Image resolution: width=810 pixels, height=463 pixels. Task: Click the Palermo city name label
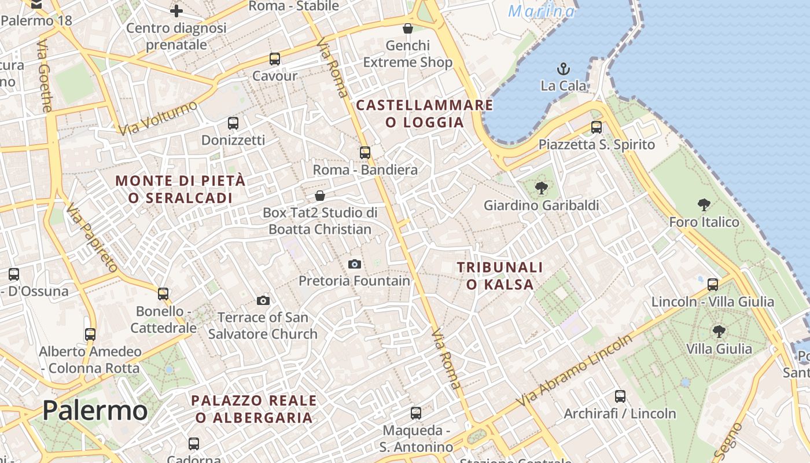(95, 410)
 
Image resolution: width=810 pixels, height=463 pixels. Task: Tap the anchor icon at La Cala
(564, 69)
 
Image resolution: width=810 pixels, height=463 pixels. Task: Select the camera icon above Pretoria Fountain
(355, 264)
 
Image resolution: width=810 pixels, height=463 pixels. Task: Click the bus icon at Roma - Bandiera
(365, 153)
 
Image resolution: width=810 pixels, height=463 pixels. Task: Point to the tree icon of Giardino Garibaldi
(542, 188)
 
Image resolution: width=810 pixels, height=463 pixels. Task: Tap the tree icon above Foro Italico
(704, 204)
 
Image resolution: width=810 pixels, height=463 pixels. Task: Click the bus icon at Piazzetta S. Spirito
(597, 127)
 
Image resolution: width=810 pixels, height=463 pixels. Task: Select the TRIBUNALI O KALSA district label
(500, 275)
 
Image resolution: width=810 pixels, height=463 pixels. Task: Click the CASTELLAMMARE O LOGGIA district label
(425, 113)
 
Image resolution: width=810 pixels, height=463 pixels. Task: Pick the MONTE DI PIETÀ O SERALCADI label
(181, 189)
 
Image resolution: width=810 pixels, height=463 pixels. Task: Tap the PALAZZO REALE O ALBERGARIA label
(254, 409)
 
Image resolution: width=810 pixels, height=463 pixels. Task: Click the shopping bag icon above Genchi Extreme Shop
(408, 28)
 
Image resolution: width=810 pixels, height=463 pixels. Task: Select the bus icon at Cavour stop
(275, 59)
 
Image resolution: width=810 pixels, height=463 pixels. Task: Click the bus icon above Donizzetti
(233, 123)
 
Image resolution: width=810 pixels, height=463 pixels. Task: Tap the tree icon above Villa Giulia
(719, 332)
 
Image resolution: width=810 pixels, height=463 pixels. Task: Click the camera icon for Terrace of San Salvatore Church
(263, 300)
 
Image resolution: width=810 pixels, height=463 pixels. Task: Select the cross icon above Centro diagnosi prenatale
(176, 10)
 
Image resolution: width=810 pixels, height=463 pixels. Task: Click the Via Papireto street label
(92, 237)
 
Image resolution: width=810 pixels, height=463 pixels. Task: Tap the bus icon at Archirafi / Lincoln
(620, 396)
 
